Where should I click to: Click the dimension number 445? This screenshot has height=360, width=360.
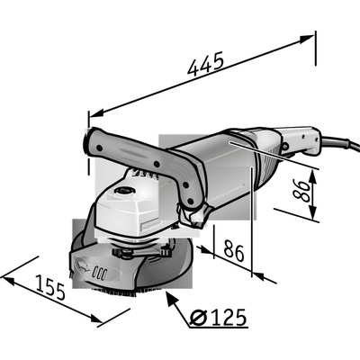206,63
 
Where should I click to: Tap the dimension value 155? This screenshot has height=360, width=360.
50,287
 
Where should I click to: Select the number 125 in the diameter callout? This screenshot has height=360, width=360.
229,317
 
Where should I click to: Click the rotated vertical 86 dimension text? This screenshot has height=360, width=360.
301,191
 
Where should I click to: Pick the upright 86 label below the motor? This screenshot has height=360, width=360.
234,251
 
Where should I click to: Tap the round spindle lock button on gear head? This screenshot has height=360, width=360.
124,190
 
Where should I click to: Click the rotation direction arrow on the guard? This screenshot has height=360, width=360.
84,265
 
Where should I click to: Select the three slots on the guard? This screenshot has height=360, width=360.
100,273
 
